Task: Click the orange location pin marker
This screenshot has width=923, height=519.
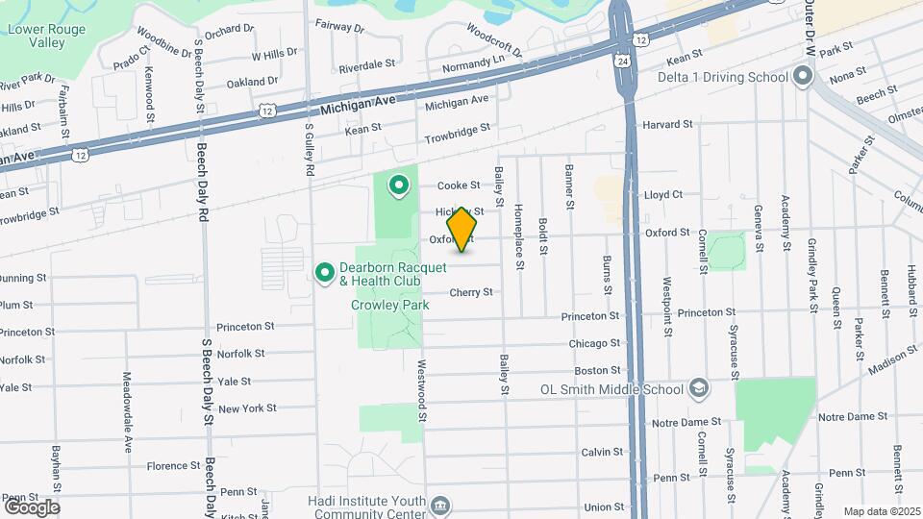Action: [x=462, y=229]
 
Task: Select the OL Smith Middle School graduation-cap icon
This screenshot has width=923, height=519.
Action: [x=699, y=388]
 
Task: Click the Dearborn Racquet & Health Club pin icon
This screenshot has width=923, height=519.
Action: [x=325, y=274]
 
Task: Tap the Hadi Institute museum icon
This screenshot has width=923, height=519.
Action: [x=440, y=505]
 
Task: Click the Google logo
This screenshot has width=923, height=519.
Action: [x=31, y=507]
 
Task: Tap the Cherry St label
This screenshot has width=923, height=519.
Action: [x=471, y=292]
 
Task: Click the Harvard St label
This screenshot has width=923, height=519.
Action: [x=667, y=125]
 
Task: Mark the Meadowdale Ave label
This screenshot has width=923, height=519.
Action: [x=127, y=412]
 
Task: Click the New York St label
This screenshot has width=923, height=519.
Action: [x=247, y=408]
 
